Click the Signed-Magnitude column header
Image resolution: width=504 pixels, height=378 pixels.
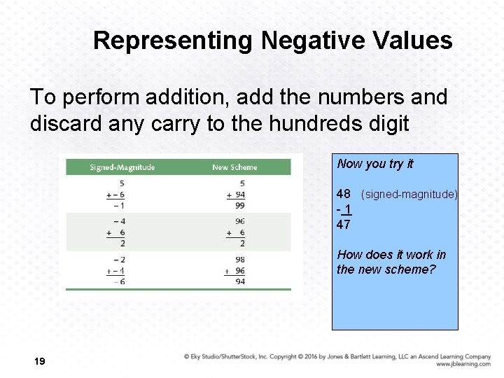click(x=122, y=167)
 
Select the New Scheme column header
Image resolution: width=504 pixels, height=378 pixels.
click(x=234, y=167)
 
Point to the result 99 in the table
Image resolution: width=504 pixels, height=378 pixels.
click(x=240, y=206)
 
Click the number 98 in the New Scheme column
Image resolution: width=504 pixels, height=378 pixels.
click(x=240, y=260)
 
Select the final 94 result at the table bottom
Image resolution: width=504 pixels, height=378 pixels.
click(x=240, y=281)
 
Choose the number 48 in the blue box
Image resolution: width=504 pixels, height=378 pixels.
click(x=344, y=194)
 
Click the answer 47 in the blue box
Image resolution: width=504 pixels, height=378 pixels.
click(x=344, y=225)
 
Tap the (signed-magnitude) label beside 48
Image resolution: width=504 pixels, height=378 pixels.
click(x=409, y=194)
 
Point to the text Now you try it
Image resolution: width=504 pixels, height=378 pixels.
click(x=375, y=164)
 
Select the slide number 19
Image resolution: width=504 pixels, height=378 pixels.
click(x=39, y=361)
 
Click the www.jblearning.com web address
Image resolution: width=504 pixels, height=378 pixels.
click(x=463, y=364)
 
